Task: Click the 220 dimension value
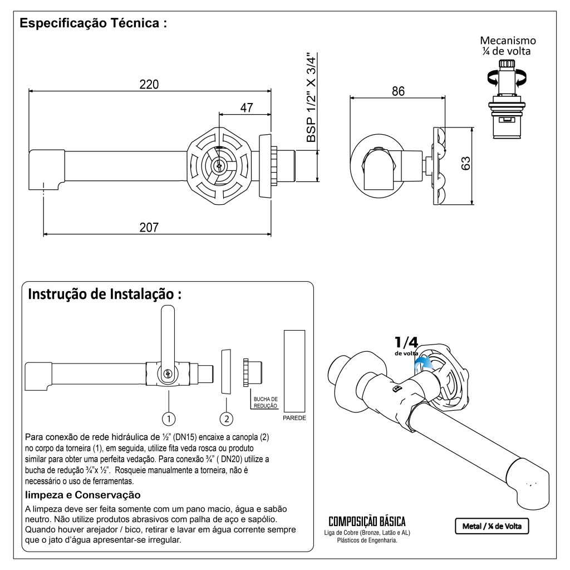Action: (x=149, y=85)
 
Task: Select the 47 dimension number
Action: (x=245, y=108)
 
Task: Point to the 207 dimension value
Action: (x=149, y=227)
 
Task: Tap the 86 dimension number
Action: (x=397, y=91)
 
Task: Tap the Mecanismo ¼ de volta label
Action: (x=508, y=46)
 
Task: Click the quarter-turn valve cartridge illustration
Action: (x=507, y=100)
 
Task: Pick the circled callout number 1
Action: (x=169, y=417)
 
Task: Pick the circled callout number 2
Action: (x=227, y=417)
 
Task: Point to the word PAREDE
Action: (x=294, y=417)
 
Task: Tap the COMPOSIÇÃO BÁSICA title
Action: (x=367, y=522)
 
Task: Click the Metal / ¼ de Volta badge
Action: (x=492, y=525)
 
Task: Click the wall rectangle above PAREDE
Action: (x=294, y=370)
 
